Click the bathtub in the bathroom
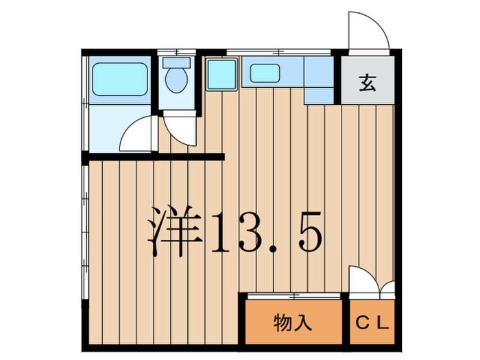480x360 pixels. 120,80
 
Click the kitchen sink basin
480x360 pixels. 265,73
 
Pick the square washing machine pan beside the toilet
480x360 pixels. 222,74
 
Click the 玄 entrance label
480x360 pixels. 368,83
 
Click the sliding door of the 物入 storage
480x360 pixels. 293,296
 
